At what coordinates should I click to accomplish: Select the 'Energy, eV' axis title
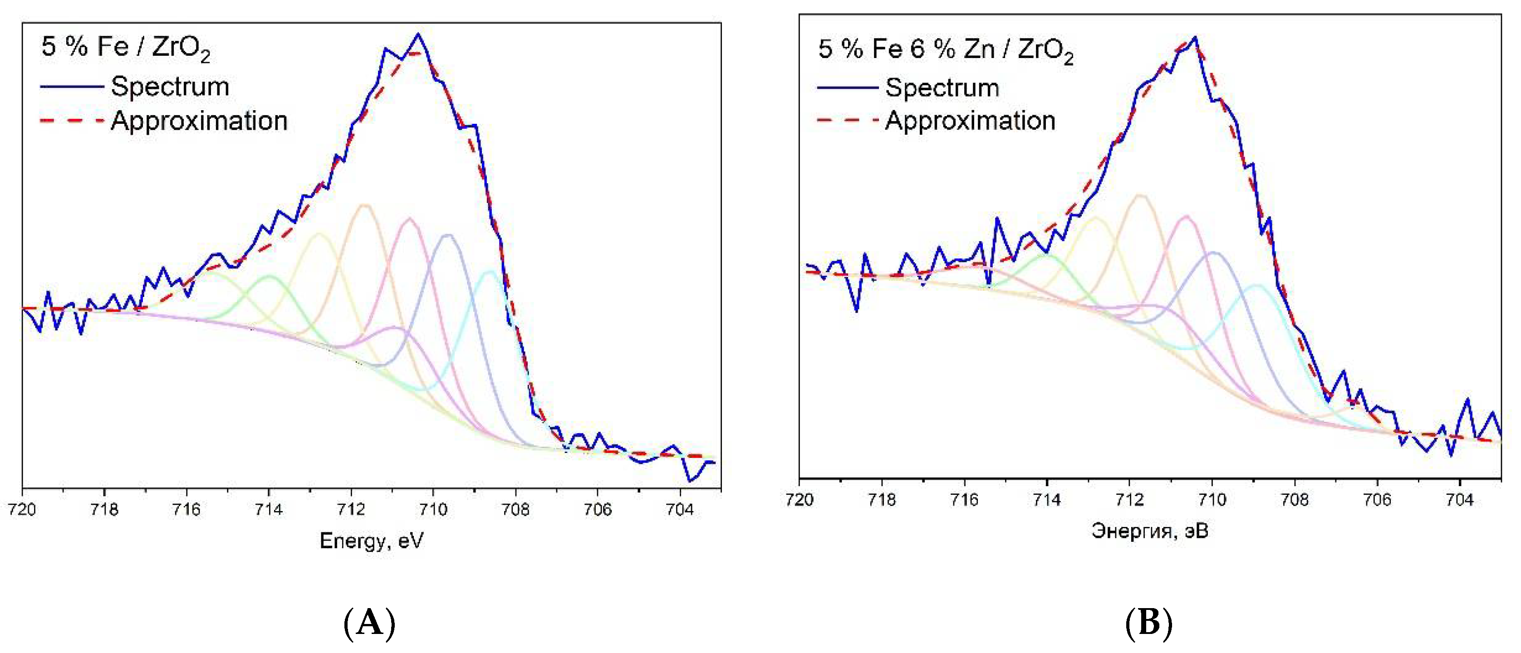click(x=371, y=541)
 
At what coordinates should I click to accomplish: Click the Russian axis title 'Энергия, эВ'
click(x=1149, y=531)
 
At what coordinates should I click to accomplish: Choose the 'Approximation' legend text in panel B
click(x=970, y=121)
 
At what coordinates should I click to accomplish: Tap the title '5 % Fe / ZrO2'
click(x=125, y=47)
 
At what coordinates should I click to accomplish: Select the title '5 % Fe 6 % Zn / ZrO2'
click(x=945, y=49)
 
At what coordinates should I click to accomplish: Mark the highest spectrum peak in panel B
click(x=1195, y=38)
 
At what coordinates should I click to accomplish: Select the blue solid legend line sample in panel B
click(x=848, y=88)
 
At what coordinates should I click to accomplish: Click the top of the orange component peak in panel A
click(x=364, y=205)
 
